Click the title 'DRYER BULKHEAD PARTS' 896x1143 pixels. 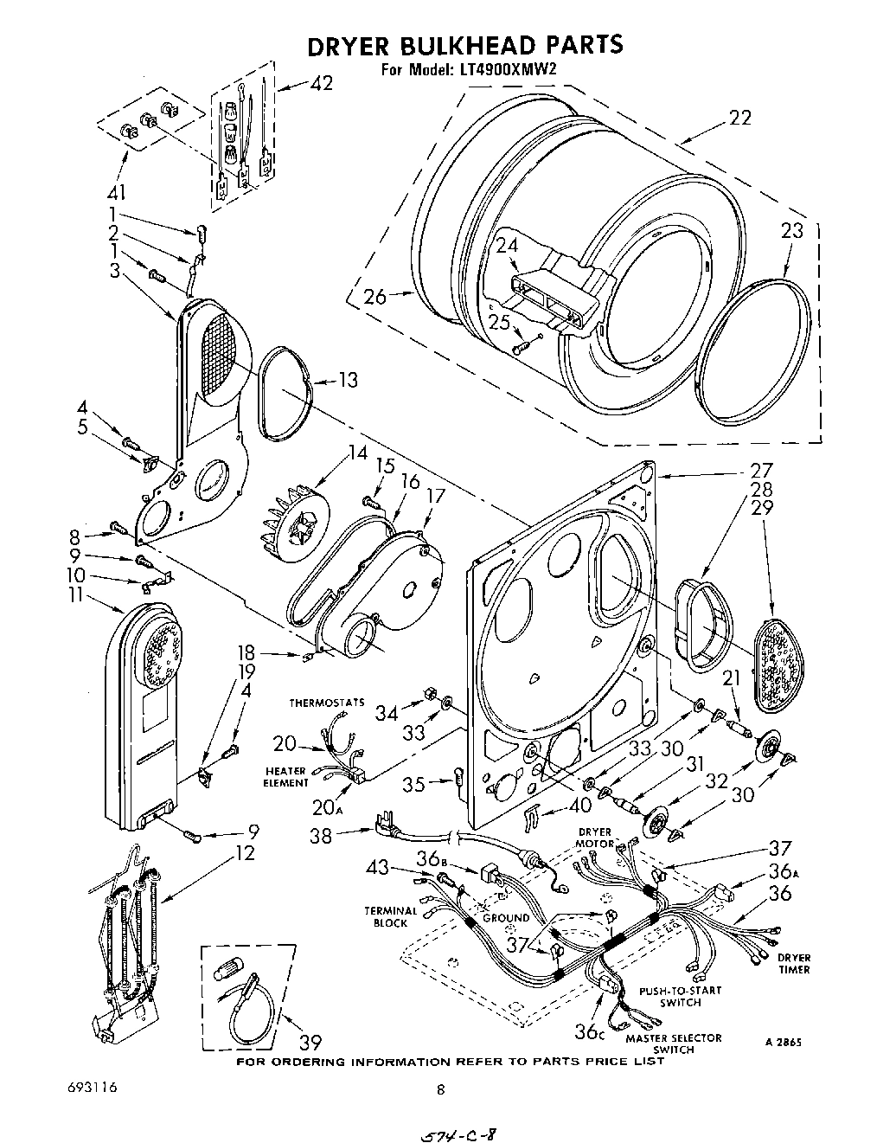click(465, 45)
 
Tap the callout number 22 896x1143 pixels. click(739, 119)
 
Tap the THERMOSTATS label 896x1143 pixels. click(327, 703)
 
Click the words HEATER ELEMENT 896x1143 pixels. click(286, 777)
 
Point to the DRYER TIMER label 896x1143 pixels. click(793, 963)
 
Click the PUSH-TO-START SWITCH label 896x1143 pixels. click(679, 997)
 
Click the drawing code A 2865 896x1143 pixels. click(783, 1043)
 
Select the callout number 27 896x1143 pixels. click(761, 472)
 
